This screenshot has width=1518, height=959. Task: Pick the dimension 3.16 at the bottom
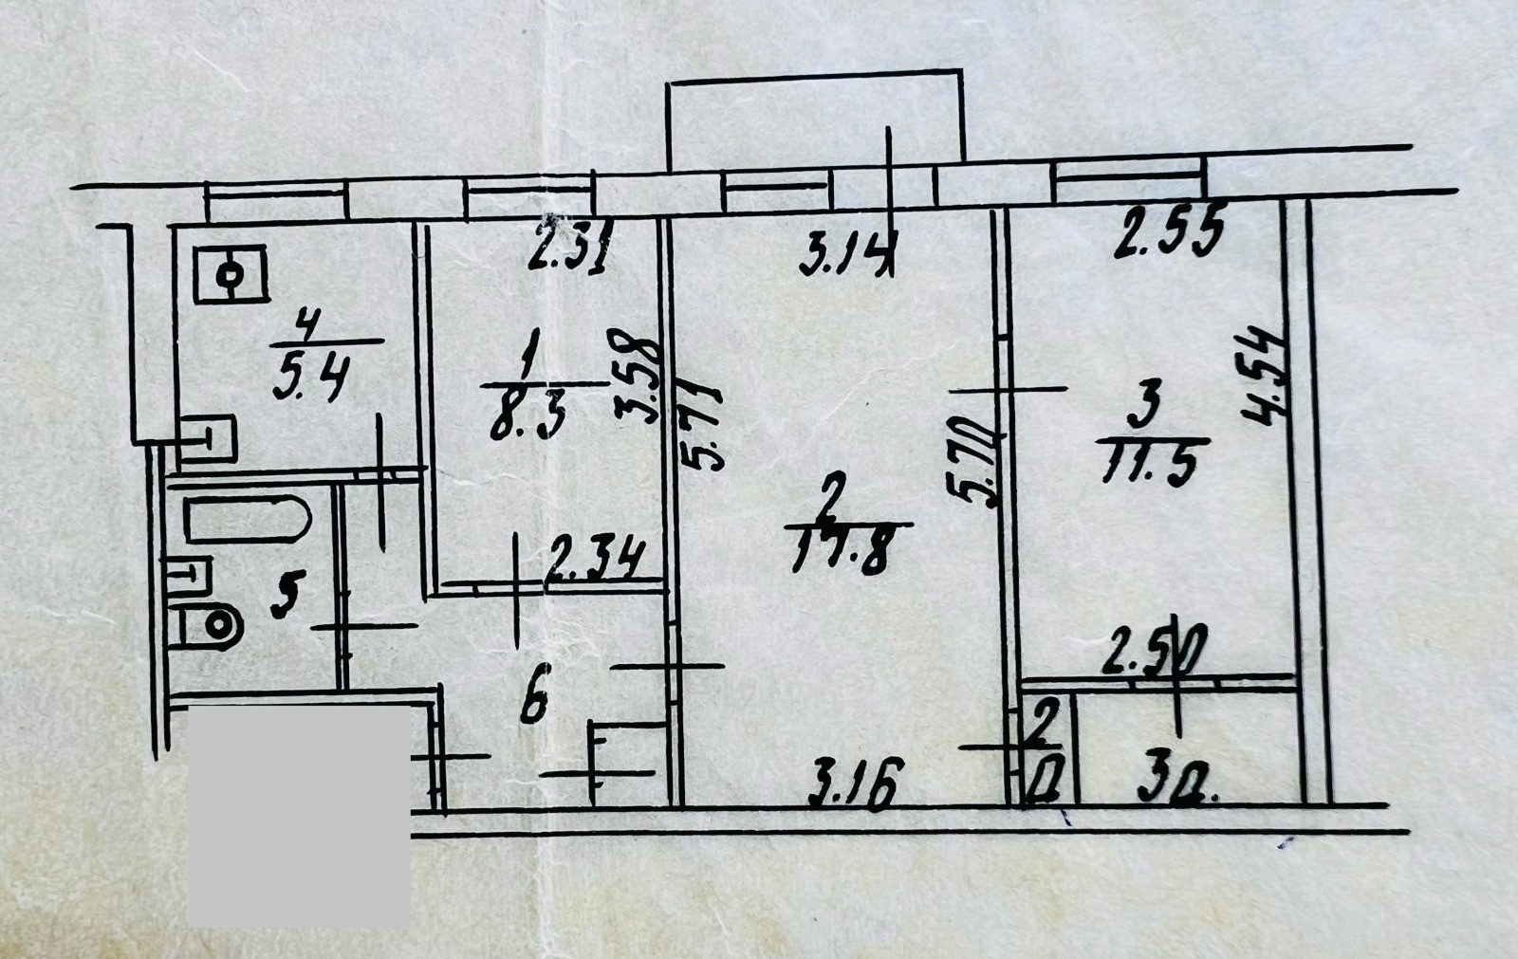(850, 784)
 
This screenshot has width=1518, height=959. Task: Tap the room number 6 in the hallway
(536, 703)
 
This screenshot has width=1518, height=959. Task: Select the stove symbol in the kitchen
(231, 274)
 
